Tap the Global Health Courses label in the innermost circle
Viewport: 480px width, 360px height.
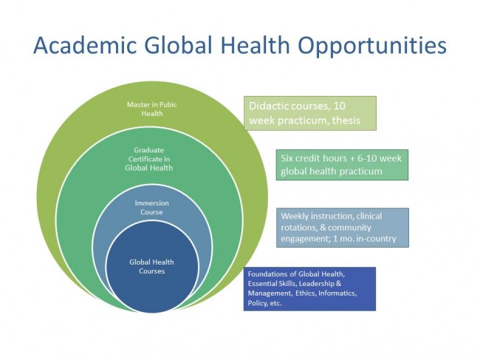pyautogui.click(x=151, y=266)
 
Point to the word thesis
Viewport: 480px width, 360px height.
pyautogui.click(x=343, y=120)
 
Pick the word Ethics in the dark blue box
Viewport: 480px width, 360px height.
pyautogui.click(x=301, y=293)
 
